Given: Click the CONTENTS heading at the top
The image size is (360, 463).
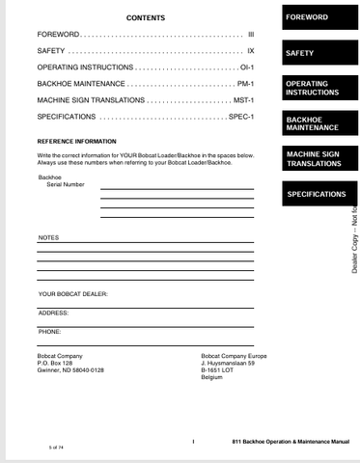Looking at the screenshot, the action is coord(145,17).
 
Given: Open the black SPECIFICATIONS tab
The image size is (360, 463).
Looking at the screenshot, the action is coord(316,194).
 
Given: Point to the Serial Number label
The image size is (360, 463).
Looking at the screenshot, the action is coord(66,184).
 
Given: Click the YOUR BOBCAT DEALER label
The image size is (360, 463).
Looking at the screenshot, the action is coord(73,292).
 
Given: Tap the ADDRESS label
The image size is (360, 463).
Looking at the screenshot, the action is coord(53,313).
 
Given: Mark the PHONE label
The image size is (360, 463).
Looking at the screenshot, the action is coord(49,332).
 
